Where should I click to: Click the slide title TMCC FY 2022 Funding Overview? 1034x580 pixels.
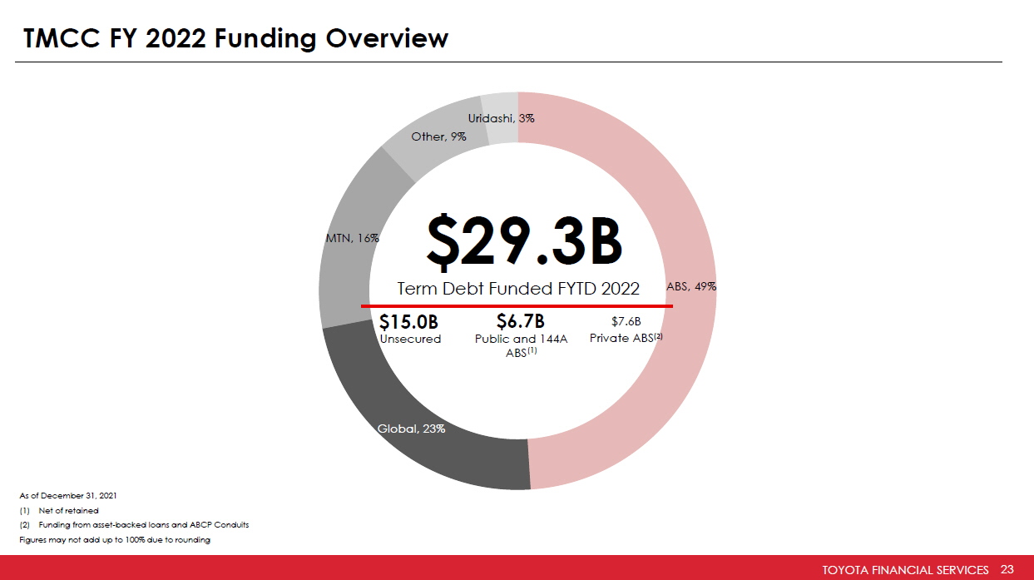(x=236, y=38)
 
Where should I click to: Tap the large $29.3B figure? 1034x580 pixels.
(x=524, y=241)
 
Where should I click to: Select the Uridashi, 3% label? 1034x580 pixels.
(x=501, y=118)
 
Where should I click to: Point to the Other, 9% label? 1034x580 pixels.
(x=438, y=136)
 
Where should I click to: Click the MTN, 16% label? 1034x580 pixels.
(x=351, y=238)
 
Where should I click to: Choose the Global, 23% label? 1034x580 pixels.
(x=411, y=429)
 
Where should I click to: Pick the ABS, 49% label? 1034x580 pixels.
(x=691, y=285)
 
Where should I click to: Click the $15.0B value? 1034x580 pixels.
(x=408, y=321)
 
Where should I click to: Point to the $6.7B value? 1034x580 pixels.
(x=520, y=321)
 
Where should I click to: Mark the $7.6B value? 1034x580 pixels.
(x=626, y=321)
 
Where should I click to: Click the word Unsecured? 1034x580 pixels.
(x=410, y=339)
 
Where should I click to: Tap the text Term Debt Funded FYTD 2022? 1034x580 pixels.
(x=518, y=289)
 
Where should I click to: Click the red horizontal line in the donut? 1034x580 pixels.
(x=517, y=305)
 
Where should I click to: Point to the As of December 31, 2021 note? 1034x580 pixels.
(x=68, y=495)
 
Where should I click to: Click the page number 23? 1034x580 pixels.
(x=1007, y=569)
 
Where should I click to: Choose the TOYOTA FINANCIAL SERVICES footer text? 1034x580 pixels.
(x=905, y=570)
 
